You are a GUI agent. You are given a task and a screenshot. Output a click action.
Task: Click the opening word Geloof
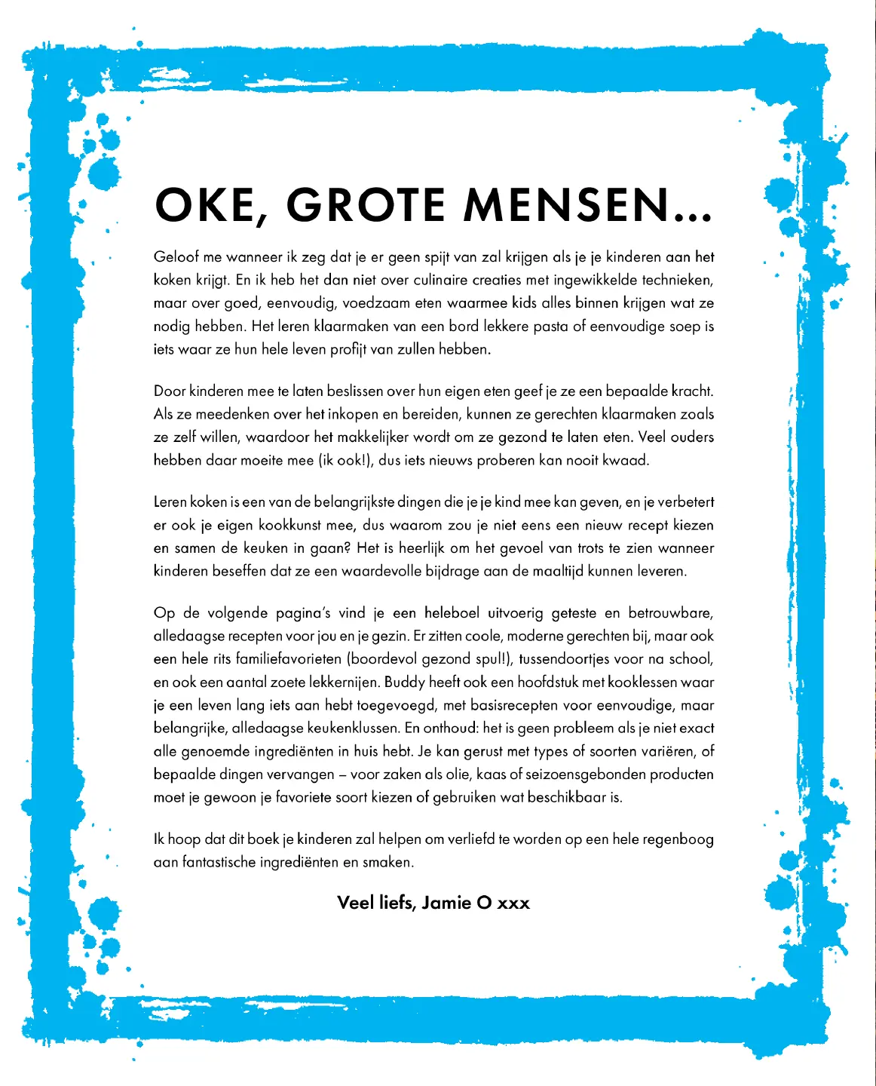pyautogui.click(x=176, y=257)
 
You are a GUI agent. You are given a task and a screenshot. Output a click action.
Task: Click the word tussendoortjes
pyautogui.click(x=564, y=659)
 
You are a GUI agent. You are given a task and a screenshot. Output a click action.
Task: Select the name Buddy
pyautogui.click(x=404, y=683)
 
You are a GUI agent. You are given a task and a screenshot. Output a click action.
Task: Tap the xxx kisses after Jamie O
pyautogui.click(x=513, y=903)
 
